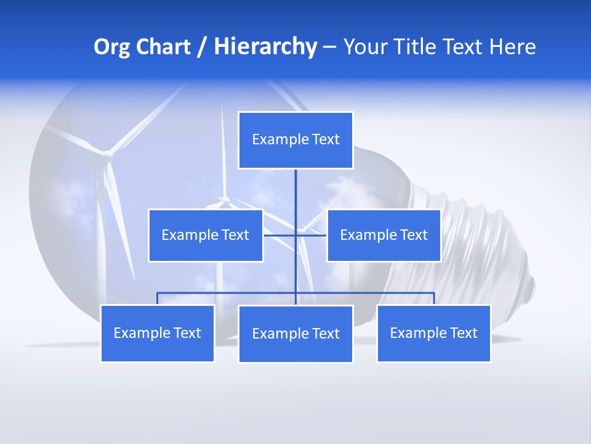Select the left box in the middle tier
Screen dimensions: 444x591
click(206, 235)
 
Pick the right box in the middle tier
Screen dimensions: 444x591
click(384, 235)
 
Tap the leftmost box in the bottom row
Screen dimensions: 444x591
click(158, 333)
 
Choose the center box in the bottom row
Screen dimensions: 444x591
click(295, 334)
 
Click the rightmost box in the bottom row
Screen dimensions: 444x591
click(433, 333)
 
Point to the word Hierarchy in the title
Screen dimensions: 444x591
click(265, 47)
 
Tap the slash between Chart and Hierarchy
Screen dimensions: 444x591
click(202, 47)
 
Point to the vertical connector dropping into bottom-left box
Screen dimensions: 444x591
click(158, 298)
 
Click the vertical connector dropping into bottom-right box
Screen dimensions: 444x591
click(434, 298)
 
